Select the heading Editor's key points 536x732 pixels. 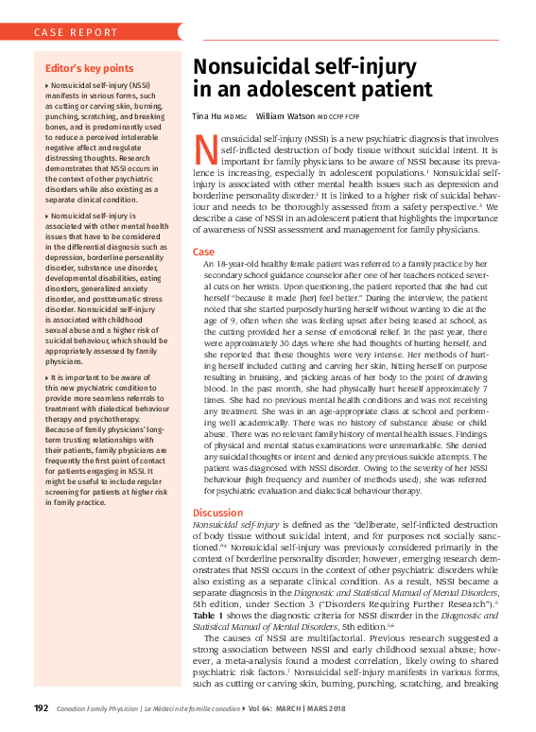click(90, 69)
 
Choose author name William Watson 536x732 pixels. click(285, 116)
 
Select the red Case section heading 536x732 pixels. click(203, 253)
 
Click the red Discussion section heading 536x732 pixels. click(218, 513)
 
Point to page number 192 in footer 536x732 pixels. click(41, 708)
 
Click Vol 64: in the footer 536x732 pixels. click(267, 708)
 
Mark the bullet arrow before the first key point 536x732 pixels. click(47, 85)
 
